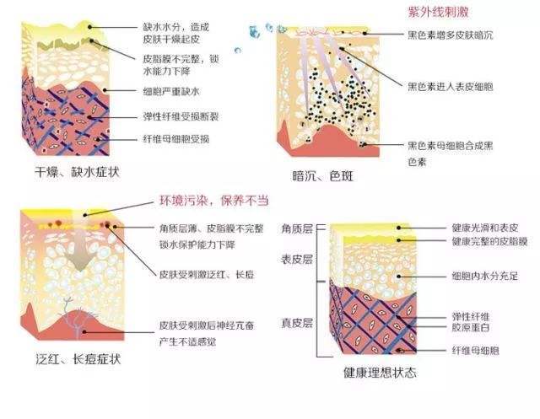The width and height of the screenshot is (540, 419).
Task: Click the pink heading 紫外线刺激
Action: (438, 12)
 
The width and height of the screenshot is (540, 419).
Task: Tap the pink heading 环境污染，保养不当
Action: (213, 200)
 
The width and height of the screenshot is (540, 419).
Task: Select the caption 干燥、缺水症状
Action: (77, 172)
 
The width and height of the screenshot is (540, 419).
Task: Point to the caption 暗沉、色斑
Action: (322, 176)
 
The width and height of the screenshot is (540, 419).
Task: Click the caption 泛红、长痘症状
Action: (78, 359)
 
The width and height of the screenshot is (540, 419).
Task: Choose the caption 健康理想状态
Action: (380, 373)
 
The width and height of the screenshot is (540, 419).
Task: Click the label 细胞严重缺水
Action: (171, 92)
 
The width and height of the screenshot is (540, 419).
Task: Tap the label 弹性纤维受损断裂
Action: (181, 116)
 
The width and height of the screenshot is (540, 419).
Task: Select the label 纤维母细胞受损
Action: (176, 139)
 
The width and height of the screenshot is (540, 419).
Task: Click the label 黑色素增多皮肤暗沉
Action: (451, 35)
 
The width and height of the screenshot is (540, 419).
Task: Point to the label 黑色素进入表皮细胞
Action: (451, 86)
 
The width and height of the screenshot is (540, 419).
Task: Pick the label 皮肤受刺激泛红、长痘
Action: (207, 275)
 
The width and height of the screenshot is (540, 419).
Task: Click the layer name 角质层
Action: (297, 228)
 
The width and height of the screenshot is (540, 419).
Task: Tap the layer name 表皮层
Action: (297, 260)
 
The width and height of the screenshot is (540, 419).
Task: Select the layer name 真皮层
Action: (297, 323)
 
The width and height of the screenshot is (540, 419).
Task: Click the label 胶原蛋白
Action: (471, 327)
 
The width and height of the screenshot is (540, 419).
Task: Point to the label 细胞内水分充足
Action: (485, 276)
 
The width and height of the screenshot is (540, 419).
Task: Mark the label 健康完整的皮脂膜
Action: (489, 241)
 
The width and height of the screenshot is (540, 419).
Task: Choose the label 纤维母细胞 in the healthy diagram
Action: (476, 351)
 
